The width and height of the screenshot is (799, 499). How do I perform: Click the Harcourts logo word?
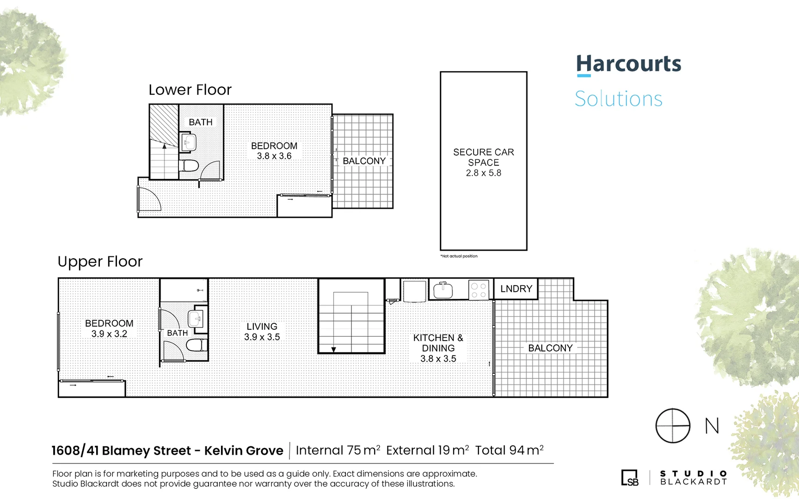(628, 64)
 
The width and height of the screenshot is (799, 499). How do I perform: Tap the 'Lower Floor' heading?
(190, 90)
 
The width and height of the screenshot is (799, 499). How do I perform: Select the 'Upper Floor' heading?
(100, 262)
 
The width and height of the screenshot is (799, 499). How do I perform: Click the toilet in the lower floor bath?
(189, 165)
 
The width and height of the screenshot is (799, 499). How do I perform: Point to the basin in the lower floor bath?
(189, 142)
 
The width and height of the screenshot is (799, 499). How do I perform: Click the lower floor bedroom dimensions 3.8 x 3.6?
(274, 156)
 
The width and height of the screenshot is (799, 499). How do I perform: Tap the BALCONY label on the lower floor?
(364, 161)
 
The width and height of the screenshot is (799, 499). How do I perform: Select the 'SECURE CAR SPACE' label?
(483, 157)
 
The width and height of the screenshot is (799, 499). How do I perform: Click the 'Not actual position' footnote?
(459, 256)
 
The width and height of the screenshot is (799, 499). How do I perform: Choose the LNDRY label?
(516, 289)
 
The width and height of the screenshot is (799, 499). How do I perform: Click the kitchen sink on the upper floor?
(443, 291)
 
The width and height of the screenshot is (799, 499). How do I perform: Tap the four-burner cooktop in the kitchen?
(479, 290)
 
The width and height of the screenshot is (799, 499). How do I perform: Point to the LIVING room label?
(262, 326)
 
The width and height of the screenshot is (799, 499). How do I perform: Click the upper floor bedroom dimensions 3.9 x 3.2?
(109, 334)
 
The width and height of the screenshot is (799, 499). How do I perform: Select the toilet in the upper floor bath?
(196, 345)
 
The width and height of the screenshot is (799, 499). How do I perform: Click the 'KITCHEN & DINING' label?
(438, 343)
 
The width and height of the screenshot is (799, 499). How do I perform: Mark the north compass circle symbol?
(673, 426)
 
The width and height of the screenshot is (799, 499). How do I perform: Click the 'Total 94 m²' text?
(509, 450)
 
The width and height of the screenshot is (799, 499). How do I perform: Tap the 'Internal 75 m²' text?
(338, 450)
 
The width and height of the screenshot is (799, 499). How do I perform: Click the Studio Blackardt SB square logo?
(630, 478)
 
